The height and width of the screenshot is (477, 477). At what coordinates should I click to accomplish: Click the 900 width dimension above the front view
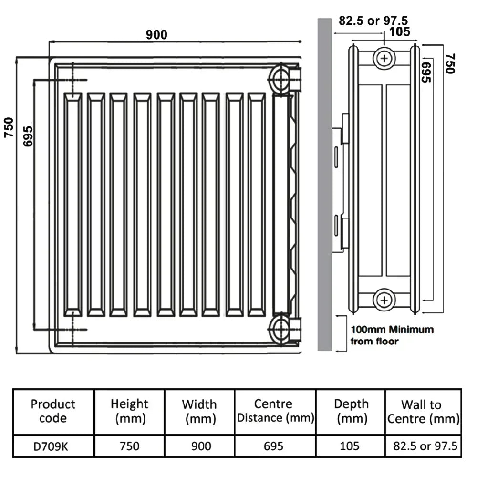click(x=156, y=35)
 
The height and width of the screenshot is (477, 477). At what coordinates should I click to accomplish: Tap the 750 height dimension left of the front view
click(x=9, y=127)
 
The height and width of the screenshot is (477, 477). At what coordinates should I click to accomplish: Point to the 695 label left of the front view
click(x=28, y=136)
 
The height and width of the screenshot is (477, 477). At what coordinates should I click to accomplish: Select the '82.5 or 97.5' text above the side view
click(x=373, y=21)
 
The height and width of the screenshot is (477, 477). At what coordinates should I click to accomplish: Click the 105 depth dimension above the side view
click(x=399, y=31)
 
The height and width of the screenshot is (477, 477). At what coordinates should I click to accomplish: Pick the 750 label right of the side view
click(x=450, y=63)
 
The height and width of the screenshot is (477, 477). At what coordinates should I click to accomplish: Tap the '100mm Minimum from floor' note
click(x=392, y=335)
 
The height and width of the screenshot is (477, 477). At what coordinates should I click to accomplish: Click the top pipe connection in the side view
click(x=384, y=58)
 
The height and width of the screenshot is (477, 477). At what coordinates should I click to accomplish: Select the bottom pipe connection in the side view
click(x=384, y=300)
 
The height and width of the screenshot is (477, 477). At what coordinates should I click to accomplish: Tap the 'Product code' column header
click(x=53, y=411)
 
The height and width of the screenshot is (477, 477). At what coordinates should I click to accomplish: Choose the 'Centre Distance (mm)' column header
click(x=275, y=411)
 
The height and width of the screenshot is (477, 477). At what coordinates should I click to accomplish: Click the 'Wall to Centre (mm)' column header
click(x=423, y=412)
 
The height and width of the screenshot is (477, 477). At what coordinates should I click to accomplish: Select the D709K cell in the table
click(x=51, y=446)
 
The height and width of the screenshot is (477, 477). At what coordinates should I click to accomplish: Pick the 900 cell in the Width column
click(x=201, y=446)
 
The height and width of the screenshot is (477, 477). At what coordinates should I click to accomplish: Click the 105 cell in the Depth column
click(x=350, y=446)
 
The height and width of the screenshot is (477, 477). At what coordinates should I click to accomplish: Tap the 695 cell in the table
click(x=273, y=446)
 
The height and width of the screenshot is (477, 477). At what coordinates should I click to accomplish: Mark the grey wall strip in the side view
click(x=324, y=185)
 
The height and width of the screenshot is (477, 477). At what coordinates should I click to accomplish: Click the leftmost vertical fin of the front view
click(x=73, y=205)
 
